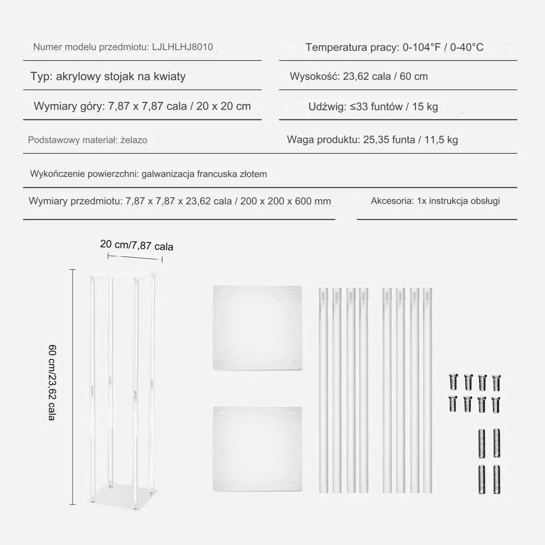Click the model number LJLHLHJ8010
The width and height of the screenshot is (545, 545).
click(182, 47)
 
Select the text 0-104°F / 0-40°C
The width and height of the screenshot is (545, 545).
click(443, 47)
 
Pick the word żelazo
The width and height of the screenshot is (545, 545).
click(134, 140)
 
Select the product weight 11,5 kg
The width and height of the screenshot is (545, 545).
click(441, 140)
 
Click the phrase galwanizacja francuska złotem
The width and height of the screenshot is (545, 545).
click(204, 174)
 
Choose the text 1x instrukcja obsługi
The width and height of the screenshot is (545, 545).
click(458, 201)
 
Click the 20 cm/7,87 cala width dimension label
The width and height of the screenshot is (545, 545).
click(136, 245)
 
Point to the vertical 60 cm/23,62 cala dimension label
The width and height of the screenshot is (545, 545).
click(52, 382)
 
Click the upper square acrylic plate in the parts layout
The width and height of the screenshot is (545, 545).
click(257, 328)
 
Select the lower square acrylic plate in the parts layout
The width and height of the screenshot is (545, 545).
click(257, 448)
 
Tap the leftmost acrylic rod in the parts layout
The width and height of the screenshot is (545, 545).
click(323, 390)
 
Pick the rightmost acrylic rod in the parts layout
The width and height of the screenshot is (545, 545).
click(427, 390)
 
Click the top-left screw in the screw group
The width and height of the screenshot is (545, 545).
click(453, 382)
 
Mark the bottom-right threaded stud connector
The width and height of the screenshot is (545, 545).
click(497, 479)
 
